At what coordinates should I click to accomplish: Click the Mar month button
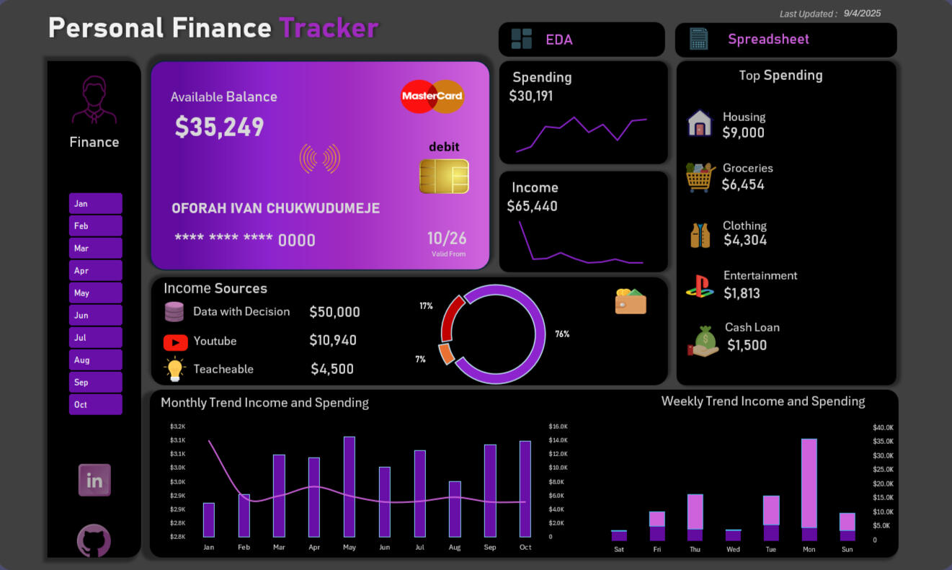coord(95,248)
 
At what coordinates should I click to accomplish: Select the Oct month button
coord(95,404)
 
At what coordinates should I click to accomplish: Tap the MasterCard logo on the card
coord(432,97)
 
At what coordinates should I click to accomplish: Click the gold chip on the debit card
coord(444,177)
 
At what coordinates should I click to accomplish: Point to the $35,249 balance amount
coord(219,127)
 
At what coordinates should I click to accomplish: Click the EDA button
coord(581,40)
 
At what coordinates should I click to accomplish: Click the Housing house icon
coord(700,123)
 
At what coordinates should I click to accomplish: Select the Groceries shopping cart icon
coord(700,177)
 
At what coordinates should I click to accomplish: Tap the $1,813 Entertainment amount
coord(742,293)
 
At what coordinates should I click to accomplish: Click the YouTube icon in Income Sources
coord(176,342)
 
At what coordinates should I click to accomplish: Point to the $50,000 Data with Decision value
coord(334,312)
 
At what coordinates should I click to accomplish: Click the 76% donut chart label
coord(562,334)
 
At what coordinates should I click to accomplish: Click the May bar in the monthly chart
coord(350,486)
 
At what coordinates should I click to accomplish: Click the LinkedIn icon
coord(94,481)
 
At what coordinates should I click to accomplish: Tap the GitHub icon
coord(94,540)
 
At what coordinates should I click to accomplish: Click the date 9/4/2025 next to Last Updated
coord(862,13)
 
